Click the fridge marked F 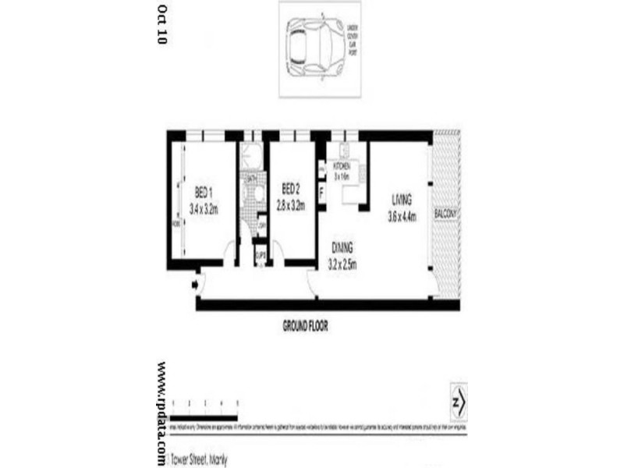321,188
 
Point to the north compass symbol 459,403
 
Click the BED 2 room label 291,188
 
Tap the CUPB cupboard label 261,254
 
